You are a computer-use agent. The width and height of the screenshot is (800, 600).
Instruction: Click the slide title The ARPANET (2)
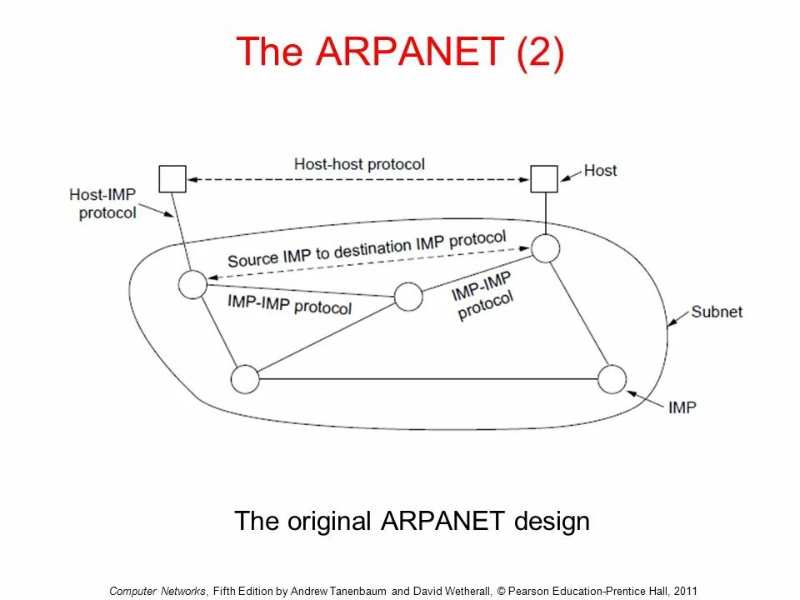[400, 52]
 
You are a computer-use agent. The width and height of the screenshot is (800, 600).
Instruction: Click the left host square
[172, 178]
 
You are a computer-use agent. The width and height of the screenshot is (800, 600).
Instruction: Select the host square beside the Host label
[544, 178]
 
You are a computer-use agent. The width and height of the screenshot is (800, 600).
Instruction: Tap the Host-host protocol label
[359, 164]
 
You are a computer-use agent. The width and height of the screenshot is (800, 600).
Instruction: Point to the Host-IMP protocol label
[102, 203]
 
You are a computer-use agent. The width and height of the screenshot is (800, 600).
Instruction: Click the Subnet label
[716, 312]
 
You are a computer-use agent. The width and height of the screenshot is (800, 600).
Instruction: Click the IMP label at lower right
[682, 407]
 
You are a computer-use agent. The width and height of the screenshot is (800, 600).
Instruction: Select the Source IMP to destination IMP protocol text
[367, 249]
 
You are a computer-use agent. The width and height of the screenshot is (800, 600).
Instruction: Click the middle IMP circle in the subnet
[408, 297]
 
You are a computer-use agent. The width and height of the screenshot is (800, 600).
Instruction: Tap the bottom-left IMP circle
[245, 379]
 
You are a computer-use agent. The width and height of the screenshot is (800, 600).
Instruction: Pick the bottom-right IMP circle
[612, 379]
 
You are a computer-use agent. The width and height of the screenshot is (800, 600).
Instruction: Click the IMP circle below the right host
[545, 248]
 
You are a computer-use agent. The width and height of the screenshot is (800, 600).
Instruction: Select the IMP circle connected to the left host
[192, 284]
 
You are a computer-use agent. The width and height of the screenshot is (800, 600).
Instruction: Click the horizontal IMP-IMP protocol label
[289, 304]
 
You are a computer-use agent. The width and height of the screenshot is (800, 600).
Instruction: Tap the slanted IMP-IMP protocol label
[482, 296]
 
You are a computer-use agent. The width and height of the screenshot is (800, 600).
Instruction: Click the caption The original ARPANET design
[412, 522]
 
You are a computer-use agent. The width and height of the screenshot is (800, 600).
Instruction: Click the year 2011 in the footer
[685, 591]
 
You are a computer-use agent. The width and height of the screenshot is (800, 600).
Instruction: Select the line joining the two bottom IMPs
[428, 380]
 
